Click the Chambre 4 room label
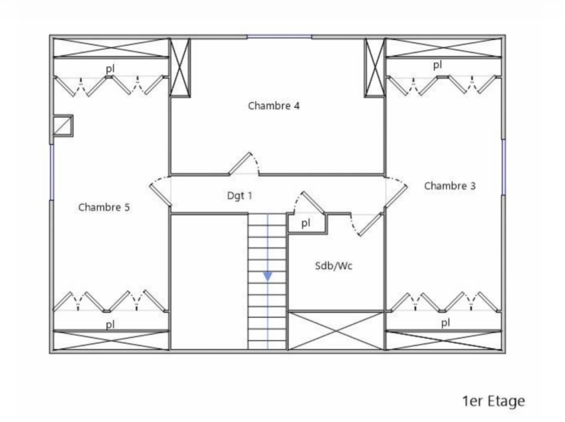tap(274, 106)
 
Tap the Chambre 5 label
tap(104, 207)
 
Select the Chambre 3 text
tap(450, 186)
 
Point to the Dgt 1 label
tap(239, 196)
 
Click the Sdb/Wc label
tap(334, 266)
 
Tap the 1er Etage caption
tap(493, 401)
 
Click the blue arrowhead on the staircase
tap(268, 277)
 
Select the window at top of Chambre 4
tap(279, 37)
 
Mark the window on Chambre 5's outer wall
tap(52, 172)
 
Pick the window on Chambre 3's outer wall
tap(504, 167)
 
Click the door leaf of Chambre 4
tap(239, 163)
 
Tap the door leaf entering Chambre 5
tap(160, 195)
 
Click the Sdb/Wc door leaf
tap(370, 224)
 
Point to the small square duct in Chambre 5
tap(63, 126)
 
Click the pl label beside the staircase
tap(306, 224)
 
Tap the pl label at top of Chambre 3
tap(437, 65)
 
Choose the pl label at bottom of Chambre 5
tap(110, 325)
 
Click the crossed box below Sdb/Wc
tap(336, 331)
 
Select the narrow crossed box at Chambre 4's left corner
tap(180, 67)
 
